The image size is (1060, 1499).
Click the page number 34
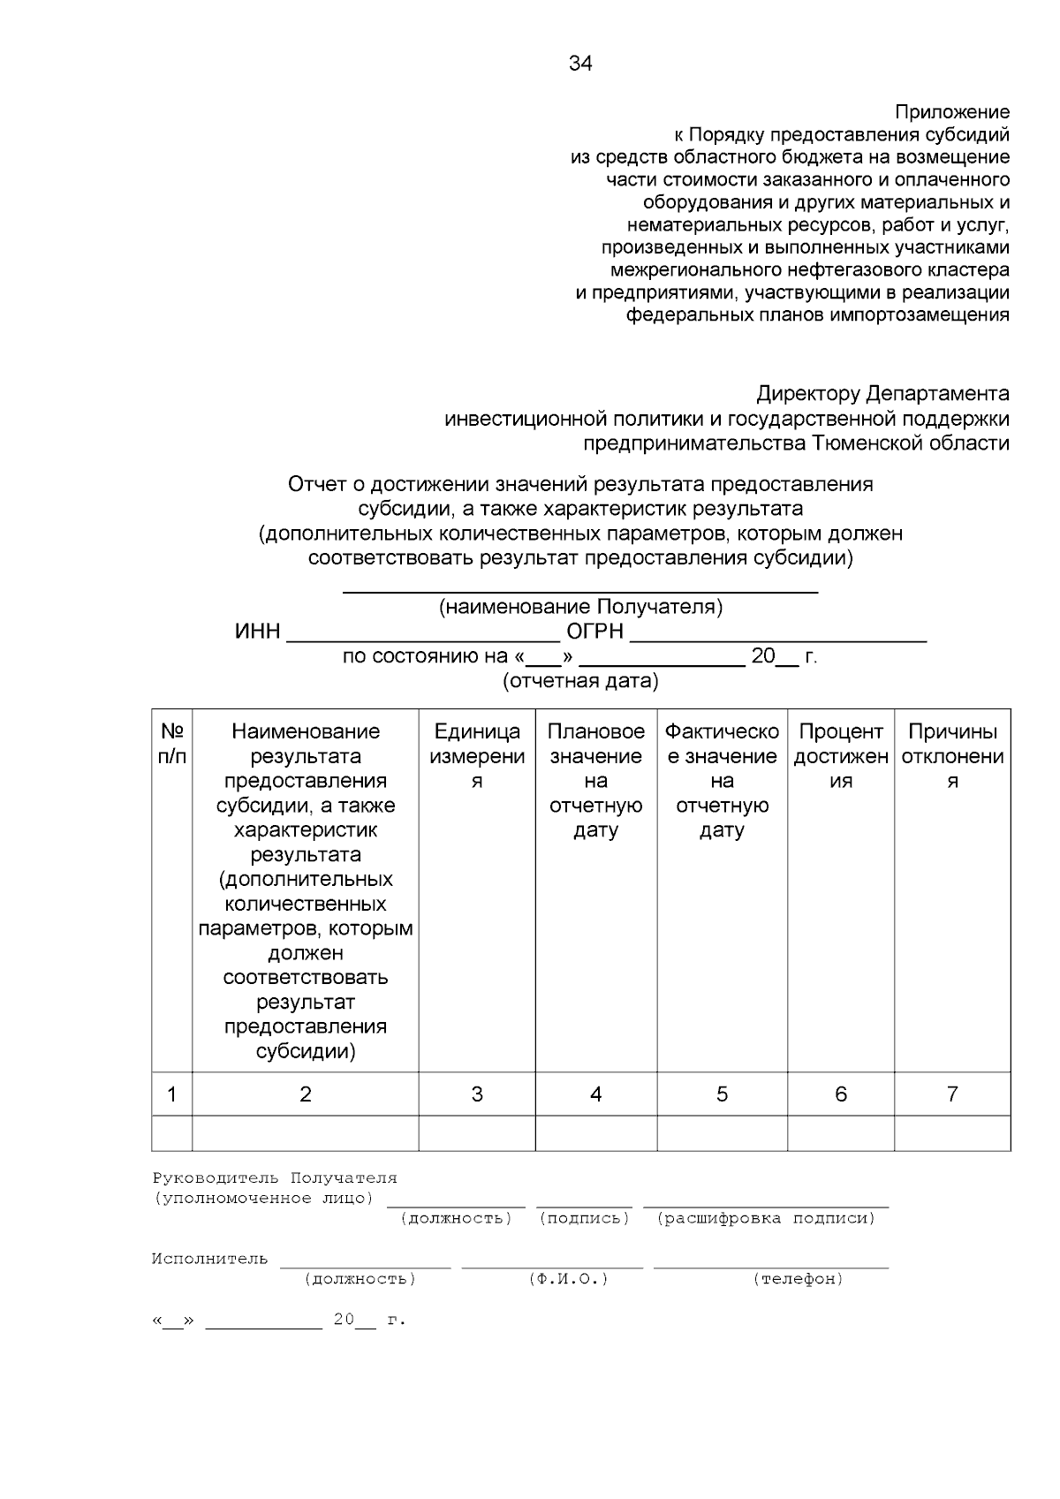pos(580,64)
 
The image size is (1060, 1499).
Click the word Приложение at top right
pos(951,112)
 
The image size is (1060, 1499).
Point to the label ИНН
pos(257,632)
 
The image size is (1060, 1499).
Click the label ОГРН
pos(594,632)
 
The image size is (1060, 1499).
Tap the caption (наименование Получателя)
pos(580,608)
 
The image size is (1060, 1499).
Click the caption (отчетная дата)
pos(580,681)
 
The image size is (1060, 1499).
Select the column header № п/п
pos(172,744)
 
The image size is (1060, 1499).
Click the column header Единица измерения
pos(477,756)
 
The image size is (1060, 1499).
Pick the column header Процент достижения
pos(840,756)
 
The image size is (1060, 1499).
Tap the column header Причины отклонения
pos(952,756)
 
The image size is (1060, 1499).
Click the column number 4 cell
pos(595,1094)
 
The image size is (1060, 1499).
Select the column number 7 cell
pos(952,1094)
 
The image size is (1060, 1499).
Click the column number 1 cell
pos(172,1094)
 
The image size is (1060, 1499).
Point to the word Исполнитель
pos(209,1259)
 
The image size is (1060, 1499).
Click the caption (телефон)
pos(798,1279)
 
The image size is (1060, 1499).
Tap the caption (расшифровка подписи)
pos(766,1218)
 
